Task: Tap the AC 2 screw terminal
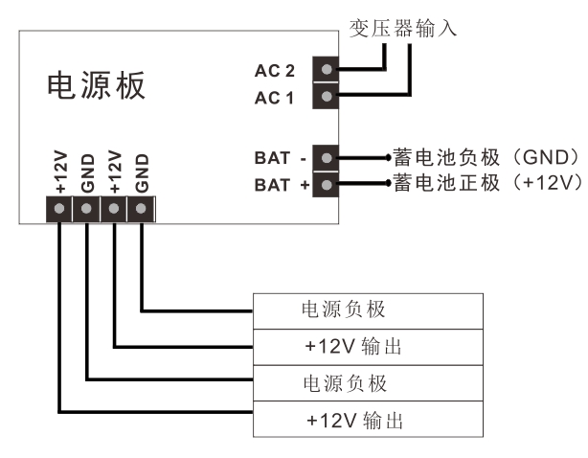(x=328, y=70)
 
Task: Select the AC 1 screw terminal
(x=328, y=96)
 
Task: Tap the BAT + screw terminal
(x=328, y=183)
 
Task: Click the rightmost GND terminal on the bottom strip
(x=142, y=207)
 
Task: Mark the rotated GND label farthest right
(x=142, y=171)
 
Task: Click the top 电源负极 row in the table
(x=368, y=310)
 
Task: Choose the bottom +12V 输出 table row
(x=368, y=421)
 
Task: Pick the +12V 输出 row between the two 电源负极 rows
(x=368, y=347)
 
